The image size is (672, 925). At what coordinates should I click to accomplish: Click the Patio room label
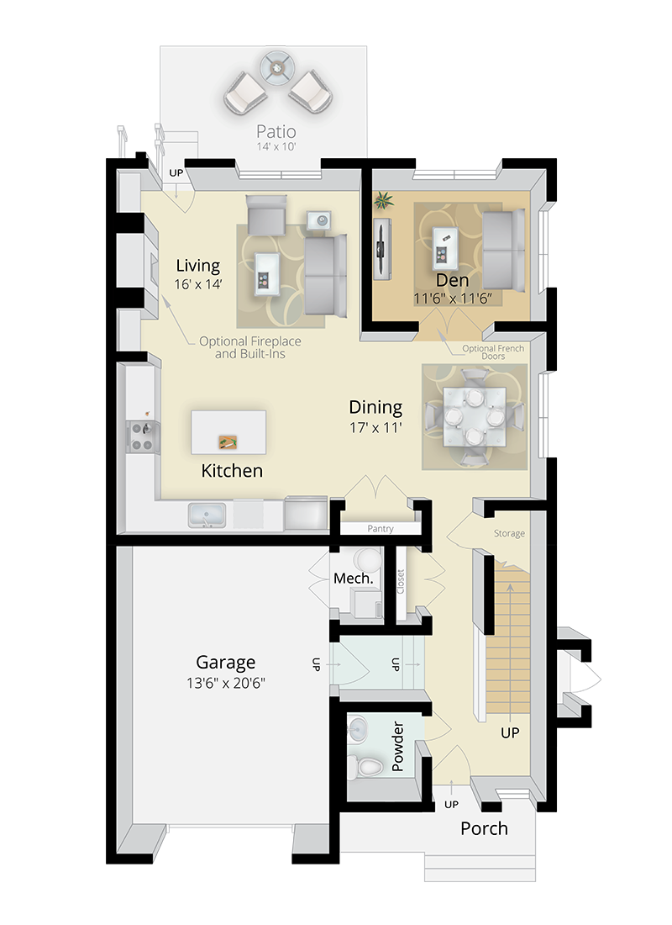coord(276,132)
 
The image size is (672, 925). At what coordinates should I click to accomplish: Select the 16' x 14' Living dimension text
coord(197,284)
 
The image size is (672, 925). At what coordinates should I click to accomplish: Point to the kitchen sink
coord(206,515)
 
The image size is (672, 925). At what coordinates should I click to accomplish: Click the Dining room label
coord(375,408)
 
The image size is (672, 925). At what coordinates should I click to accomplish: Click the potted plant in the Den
coord(384,201)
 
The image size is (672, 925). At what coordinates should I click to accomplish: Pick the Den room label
coord(452,280)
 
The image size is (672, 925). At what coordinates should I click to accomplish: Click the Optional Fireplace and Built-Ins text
coord(249,347)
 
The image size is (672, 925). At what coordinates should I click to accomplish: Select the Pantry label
coord(380,529)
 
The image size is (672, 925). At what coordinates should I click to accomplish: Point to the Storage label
coord(509,533)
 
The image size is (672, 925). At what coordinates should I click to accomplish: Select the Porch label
coord(484,828)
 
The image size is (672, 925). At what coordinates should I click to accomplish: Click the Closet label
coord(401,582)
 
